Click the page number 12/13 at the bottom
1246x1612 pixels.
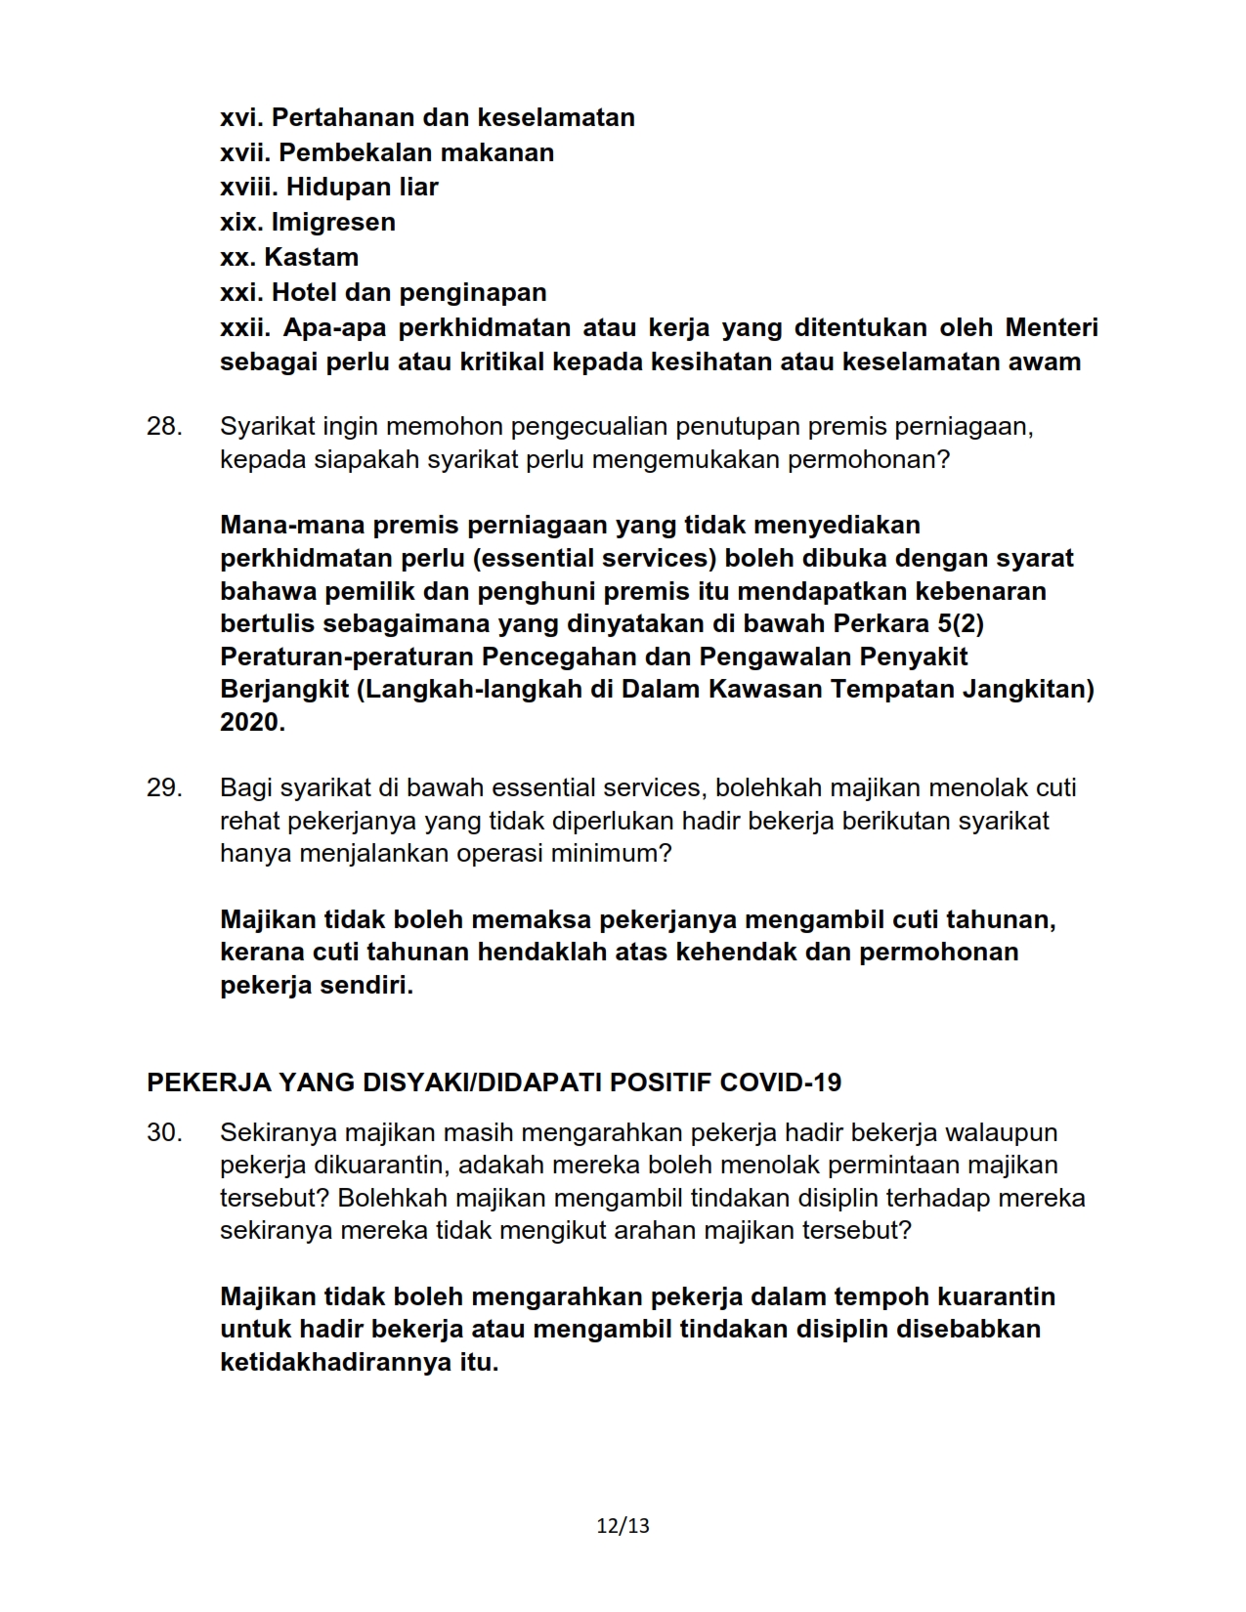(623, 1525)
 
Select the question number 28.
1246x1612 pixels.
(164, 427)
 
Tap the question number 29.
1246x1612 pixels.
(164, 787)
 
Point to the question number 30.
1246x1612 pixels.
(164, 1132)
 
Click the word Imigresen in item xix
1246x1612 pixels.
(333, 222)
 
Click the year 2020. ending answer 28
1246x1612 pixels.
(252, 723)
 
